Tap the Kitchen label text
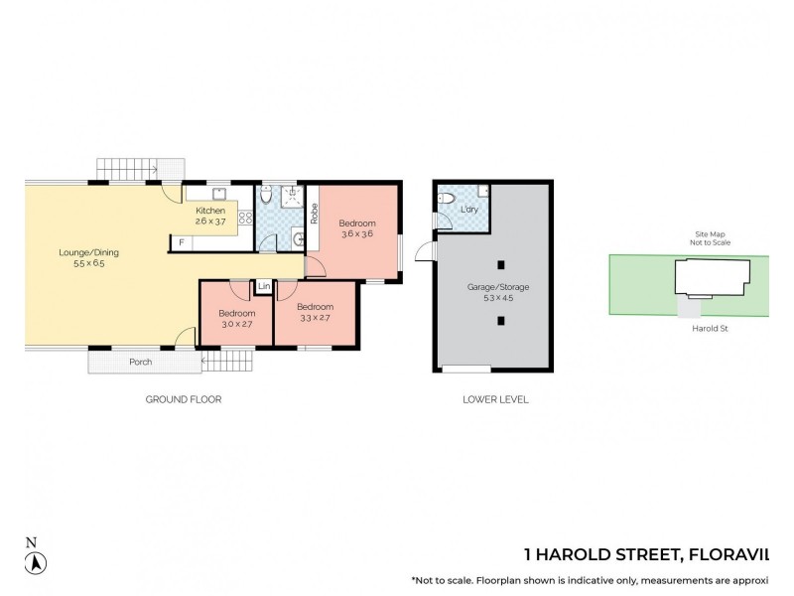209,211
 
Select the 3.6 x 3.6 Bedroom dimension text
357,234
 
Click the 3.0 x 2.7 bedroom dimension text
237,325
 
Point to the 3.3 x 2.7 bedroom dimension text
314,318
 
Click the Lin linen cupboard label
263,287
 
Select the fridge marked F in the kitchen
182,242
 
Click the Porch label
141,362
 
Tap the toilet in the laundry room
446,199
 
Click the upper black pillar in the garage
501,264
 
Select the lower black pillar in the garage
501,320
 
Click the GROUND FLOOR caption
183,399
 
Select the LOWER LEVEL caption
495,399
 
